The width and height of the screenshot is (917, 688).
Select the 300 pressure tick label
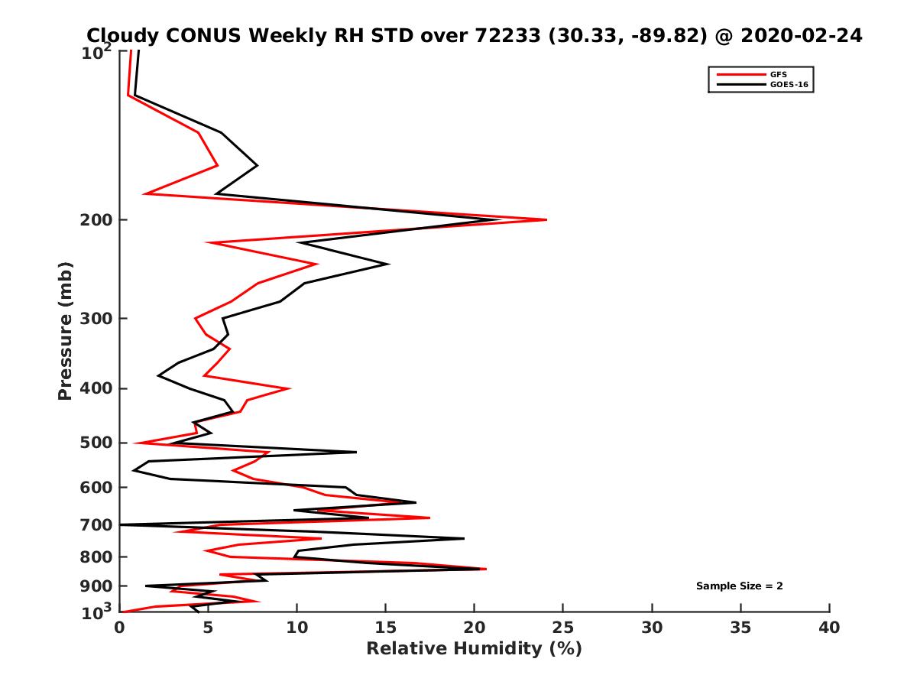(x=98, y=318)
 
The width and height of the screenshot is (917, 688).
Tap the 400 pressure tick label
(x=98, y=388)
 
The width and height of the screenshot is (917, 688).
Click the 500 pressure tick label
(x=98, y=443)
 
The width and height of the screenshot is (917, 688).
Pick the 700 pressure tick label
(x=98, y=524)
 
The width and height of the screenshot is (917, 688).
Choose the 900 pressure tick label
(x=98, y=586)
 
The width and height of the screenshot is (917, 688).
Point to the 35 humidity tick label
(x=740, y=628)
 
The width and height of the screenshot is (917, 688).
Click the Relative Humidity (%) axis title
(x=474, y=649)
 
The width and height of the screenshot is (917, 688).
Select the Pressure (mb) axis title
(x=65, y=331)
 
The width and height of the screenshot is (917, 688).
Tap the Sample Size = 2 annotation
(x=739, y=586)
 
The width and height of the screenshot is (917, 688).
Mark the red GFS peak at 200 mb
(x=546, y=220)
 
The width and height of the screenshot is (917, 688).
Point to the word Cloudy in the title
(x=123, y=35)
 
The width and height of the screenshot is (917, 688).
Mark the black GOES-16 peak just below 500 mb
(x=355, y=452)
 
